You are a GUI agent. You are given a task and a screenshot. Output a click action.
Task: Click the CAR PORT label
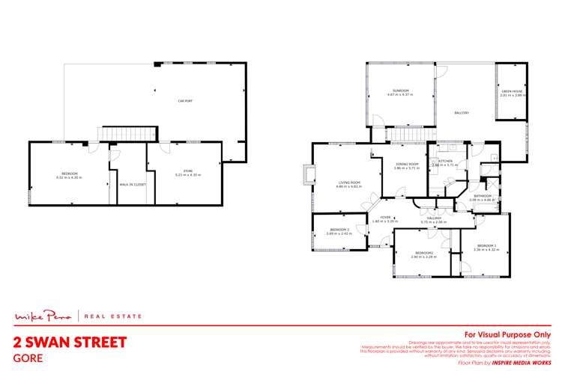pyautogui.click(x=181, y=100)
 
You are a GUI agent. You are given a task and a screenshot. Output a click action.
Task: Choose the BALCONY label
pyautogui.click(x=462, y=113)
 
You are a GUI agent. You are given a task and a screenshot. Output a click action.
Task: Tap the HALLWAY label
pyautogui.click(x=433, y=219)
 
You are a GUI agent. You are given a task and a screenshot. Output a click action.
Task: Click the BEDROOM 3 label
pyautogui.click(x=339, y=231)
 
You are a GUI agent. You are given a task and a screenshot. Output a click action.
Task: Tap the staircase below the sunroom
pyautogui.click(x=405, y=135)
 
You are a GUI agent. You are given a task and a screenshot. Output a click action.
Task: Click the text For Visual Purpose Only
pyautogui.click(x=508, y=334)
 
